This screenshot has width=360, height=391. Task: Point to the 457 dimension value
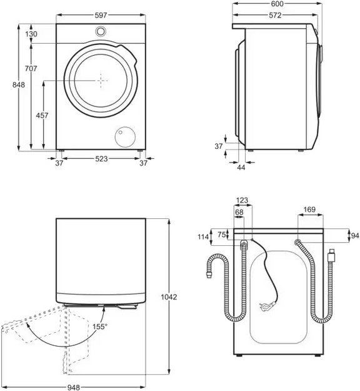pos(41,116)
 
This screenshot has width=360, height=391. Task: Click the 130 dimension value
pos(32,34)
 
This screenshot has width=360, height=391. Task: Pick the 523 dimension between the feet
pos(101,160)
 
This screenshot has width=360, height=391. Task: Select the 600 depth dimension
pos(277,4)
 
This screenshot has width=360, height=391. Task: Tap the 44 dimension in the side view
pos(242,166)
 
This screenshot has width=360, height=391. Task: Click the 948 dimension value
pos(76,386)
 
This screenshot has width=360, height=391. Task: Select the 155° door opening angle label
pos(100,327)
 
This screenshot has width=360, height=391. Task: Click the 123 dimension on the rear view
pos(242,201)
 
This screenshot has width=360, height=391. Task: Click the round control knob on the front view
pos(101,32)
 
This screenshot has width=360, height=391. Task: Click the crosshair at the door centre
pos(102,79)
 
